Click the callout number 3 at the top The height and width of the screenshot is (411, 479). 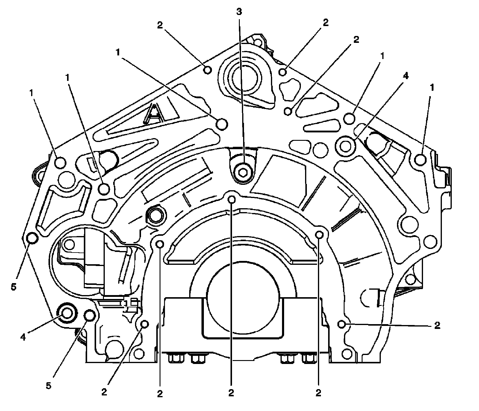tap(239, 12)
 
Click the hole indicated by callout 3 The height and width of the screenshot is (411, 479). tap(243, 172)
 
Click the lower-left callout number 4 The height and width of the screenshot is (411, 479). tap(23, 337)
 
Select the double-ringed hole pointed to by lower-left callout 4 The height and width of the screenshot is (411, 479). tap(66, 314)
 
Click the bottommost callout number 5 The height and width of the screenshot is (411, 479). tap(48, 385)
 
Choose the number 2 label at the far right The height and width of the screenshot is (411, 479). tap(437, 326)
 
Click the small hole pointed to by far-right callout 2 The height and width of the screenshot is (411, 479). tap(341, 324)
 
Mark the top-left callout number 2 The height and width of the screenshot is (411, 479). tap(160, 25)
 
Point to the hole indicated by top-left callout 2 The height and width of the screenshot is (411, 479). tap(207, 70)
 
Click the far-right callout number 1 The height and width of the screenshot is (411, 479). tap(432, 88)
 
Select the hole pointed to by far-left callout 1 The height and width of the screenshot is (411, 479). tap(60, 163)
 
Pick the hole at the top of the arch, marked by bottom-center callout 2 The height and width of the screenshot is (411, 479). tap(231, 199)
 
